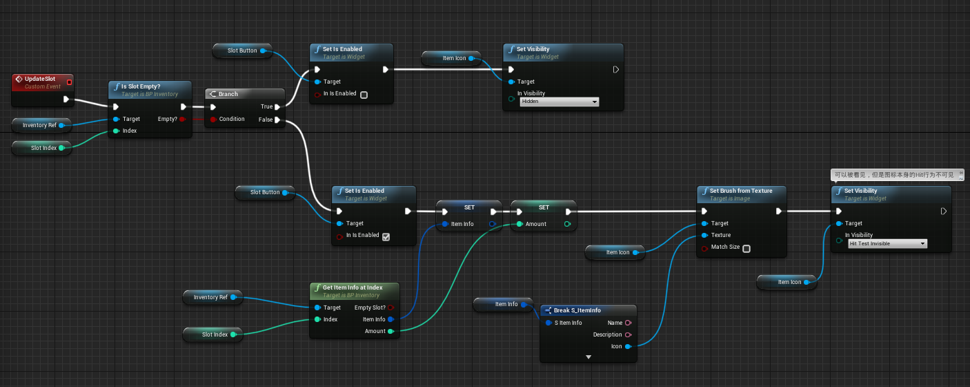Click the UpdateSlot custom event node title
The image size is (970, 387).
[x=39, y=79]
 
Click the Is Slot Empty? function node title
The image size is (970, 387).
[x=141, y=86]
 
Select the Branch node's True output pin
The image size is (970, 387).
[x=277, y=107]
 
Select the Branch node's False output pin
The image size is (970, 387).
[x=277, y=120]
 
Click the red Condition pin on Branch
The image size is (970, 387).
[x=212, y=119]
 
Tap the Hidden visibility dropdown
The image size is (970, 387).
[x=559, y=102]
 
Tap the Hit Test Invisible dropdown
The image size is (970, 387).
[x=887, y=244]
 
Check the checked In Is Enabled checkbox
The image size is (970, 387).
[x=386, y=236]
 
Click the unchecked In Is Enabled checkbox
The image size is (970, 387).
[x=364, y=95]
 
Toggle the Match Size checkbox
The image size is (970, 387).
[x=746, y=248]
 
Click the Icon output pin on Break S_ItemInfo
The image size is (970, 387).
[x=628, y=347]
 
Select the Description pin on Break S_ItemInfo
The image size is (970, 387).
[x=628, y=335]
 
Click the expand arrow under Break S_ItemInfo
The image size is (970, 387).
[x=588, y=357]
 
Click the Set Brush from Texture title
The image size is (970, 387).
[x=741, y=191]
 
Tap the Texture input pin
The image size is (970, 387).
[x=704, y=235]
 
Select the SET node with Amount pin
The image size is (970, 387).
[x=544, y=207]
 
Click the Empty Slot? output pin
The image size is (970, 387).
[x=390, y=308]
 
